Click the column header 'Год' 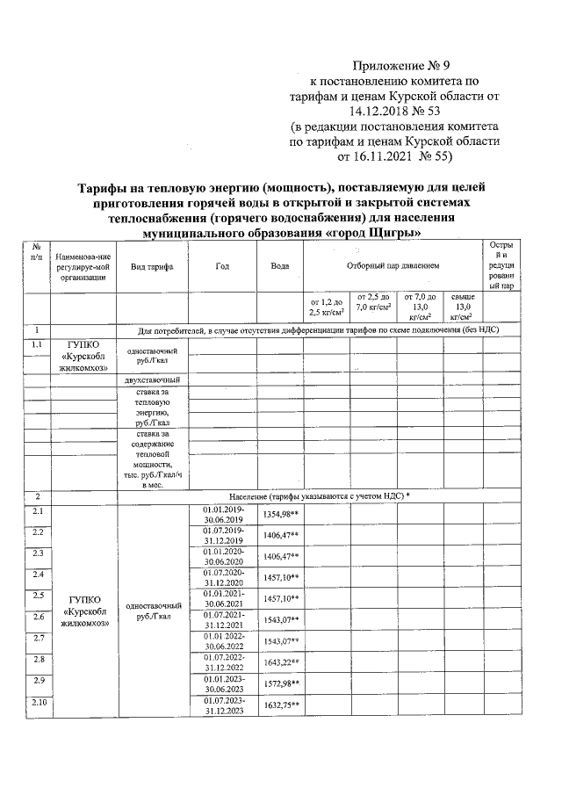click(221, 265)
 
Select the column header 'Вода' click(280, 265)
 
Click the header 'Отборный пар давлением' click(393, 265)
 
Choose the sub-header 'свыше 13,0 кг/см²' click(462, 307)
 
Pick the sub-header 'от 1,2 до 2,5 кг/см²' click(325, 307)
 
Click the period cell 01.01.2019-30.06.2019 click(223, 515)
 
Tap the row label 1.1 click(38, 345)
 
